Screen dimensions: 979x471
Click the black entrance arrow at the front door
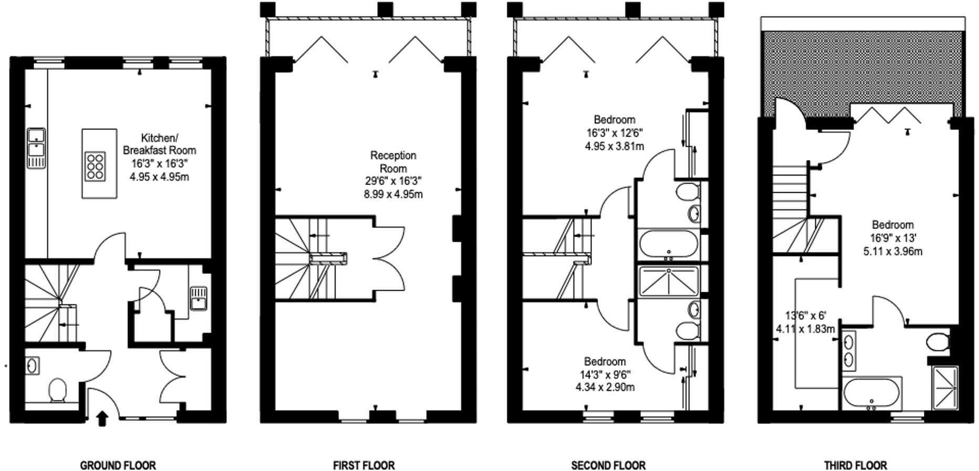coord(102,418)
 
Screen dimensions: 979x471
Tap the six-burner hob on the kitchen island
coord(95,167)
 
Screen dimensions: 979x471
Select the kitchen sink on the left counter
coord(36,149)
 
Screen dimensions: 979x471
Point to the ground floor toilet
coord(57,391)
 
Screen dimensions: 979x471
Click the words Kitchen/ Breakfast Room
coord(159,144)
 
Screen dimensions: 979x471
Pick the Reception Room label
coord(393,162)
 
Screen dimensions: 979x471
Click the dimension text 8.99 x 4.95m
coord(393,194)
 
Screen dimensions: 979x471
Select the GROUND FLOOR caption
coord(118,465)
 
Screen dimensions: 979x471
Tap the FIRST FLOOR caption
coord(363,465)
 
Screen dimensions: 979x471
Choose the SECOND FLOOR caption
coord(608,465)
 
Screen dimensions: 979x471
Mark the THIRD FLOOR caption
coord(856,465)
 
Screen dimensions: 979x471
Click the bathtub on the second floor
coord(668,244)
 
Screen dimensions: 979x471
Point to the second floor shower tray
coord(668,281)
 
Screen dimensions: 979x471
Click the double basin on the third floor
coord(848,351)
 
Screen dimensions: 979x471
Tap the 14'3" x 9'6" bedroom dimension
coord(605,375)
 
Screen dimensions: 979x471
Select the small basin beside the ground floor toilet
coord(33,365)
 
